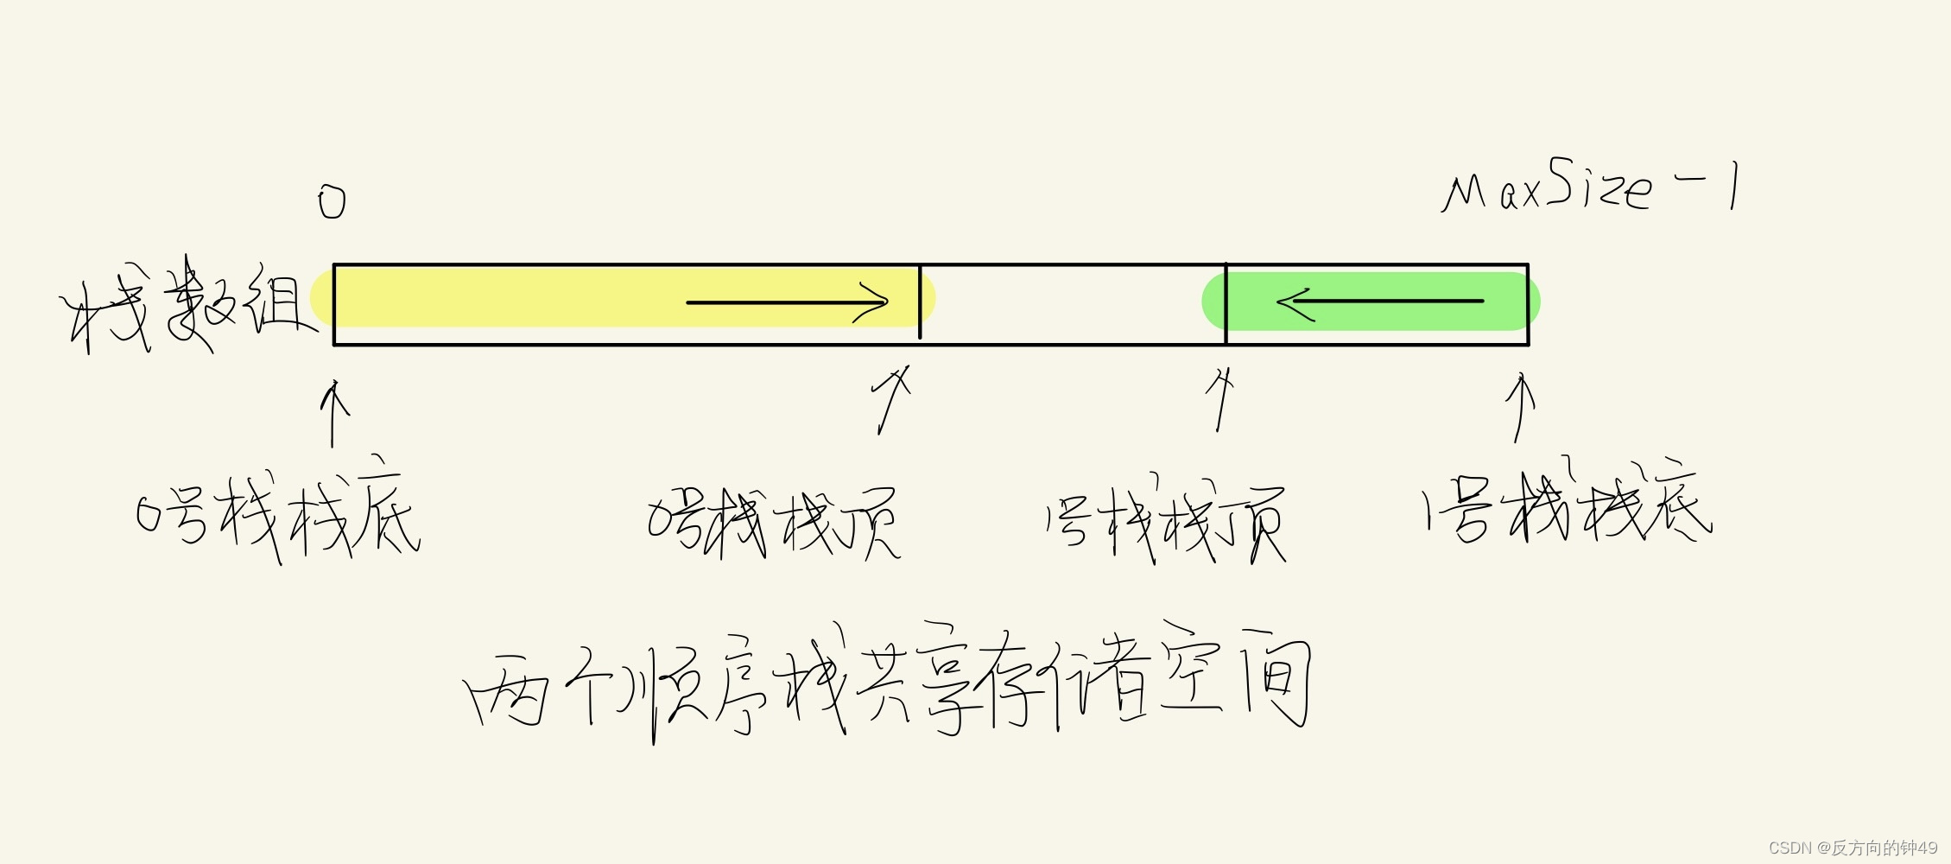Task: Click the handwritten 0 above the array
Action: pos(332,202)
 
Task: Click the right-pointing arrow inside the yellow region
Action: pos(786,302)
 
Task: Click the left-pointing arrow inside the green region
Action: pos(1379,302)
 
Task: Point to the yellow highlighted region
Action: pos(518,298)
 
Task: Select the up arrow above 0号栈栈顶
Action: pos(891,399)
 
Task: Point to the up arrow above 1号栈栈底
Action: pos(1519,406)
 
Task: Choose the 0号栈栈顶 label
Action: pos(774,522)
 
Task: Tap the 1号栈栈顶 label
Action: pos(1165,522)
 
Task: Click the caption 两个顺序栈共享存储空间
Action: pos(888,683)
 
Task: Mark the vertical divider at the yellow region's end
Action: pos(920,302)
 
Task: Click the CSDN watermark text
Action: pos(1853,848)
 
